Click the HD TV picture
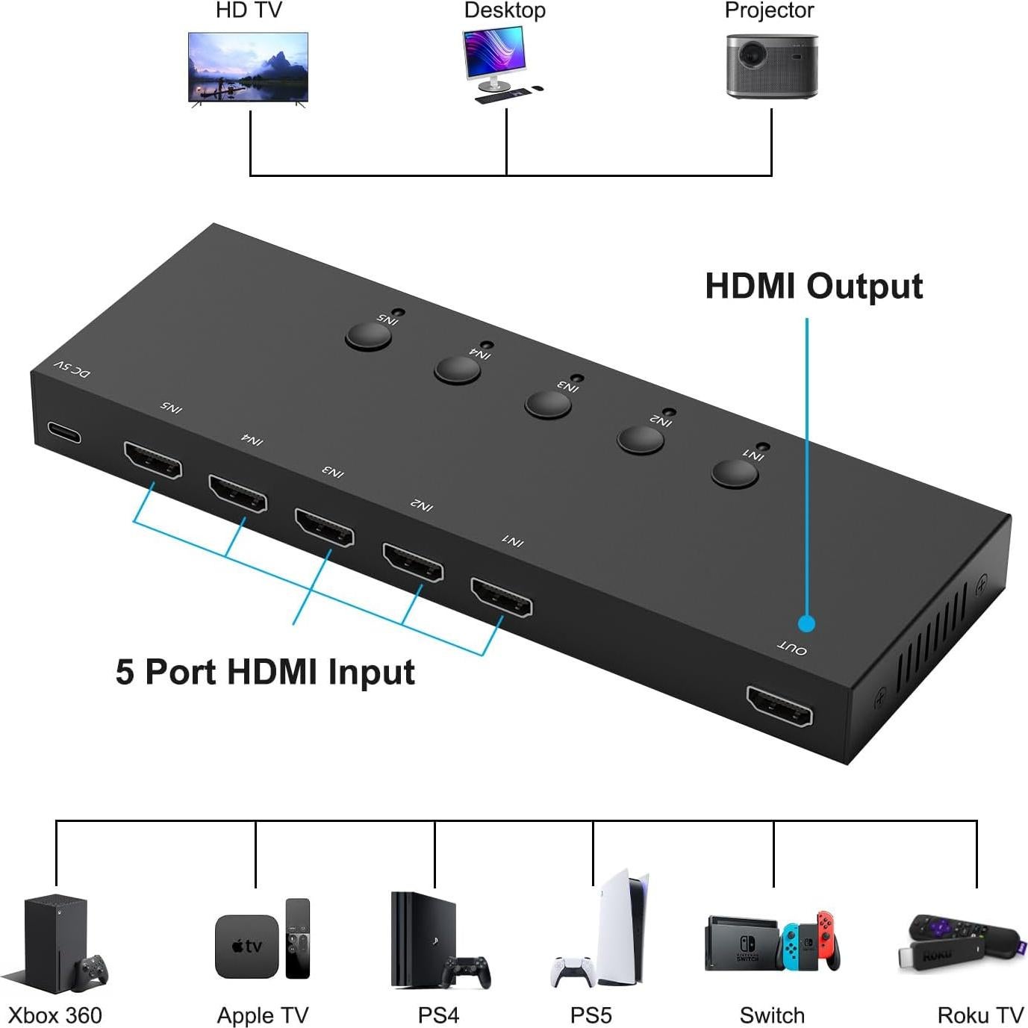tap(248, 66)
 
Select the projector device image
tap(771, 66)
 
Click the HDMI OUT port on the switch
tap(779, 706)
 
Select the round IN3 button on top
tap(547, 404)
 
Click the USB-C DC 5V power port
tap(64, 433)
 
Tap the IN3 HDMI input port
tap(324, 527)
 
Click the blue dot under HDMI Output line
tap(806, 623)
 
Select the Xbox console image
tap(54, 943)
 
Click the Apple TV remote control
tap(297, 938)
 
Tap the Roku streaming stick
tap(959, 942)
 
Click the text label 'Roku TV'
tap(979, 1015)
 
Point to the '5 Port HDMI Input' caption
tap(265, 672)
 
